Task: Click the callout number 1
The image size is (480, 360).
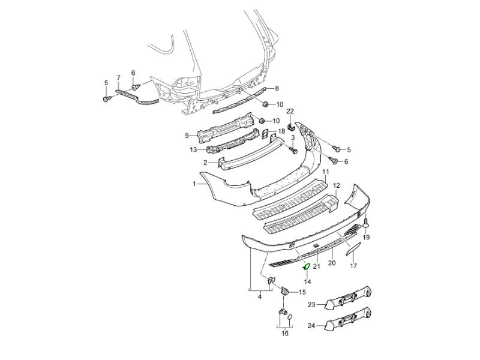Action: [194, 185]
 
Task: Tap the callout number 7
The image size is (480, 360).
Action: [118, 78]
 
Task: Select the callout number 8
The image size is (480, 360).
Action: [277, 89]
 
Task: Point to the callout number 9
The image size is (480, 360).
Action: [187, 134]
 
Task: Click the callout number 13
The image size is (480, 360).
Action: [193, 150]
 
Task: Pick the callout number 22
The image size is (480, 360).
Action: [290, 112]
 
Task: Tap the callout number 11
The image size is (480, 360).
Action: [326, 172]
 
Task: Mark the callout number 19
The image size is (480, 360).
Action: [366, 238]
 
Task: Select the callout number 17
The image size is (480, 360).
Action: [353, 265]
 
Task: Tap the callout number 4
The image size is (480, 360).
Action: [259, 296]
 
